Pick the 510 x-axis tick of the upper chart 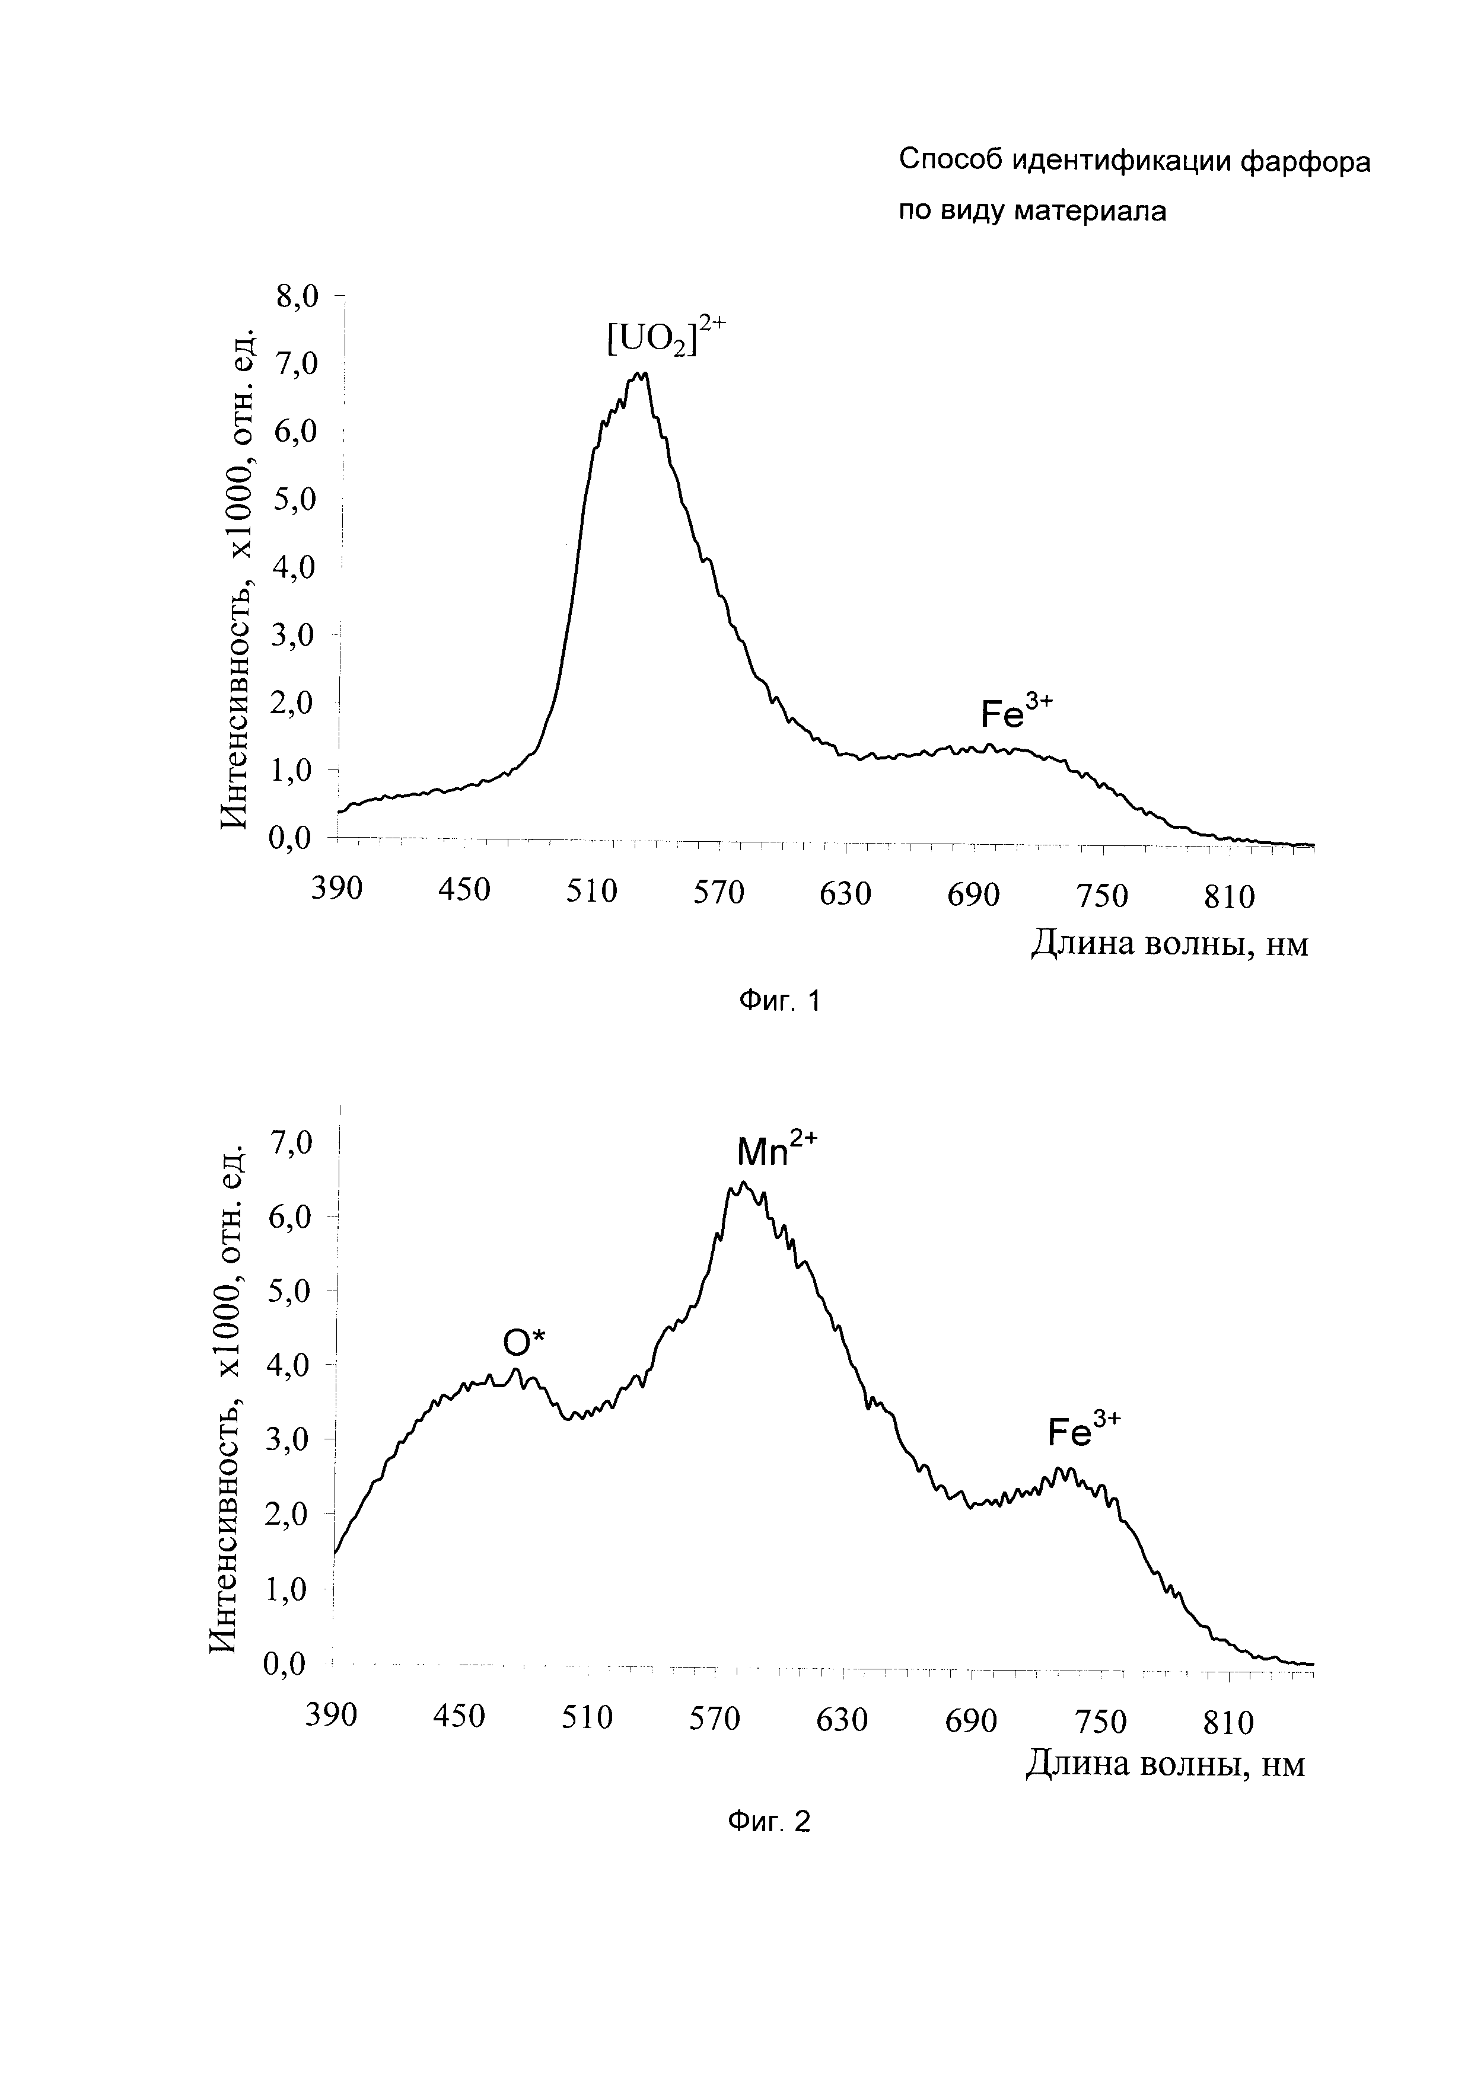tap(591, 892)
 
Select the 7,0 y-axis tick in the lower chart tap(291, 1143)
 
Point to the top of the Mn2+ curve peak tap(743, 1183)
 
